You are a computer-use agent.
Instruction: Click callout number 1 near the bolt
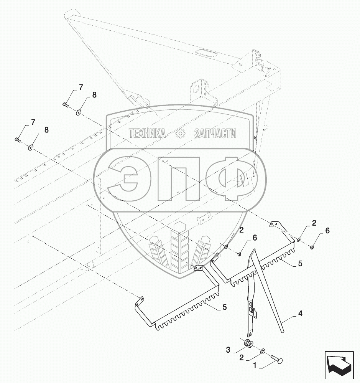click(255, 365)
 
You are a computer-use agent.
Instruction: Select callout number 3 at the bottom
click(228, 350)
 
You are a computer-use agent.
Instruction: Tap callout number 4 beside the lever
click(300, 314)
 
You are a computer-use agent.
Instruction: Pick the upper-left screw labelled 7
click(66, 105)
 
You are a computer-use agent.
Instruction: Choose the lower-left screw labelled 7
click(18, 139)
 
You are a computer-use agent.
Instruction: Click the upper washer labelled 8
click(79, 112)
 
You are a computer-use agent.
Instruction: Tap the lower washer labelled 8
click(31, 147)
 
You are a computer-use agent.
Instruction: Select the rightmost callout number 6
click(327, 231)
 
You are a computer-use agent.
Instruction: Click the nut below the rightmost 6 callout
click(312, 248)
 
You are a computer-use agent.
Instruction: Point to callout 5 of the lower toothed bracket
click(225, 307)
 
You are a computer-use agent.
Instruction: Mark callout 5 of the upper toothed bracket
click(300, 264)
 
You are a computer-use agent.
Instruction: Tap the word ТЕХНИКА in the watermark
click(147, 134)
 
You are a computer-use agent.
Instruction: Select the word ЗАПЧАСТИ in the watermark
click(215, 134)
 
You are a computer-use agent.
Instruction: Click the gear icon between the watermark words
click(180, 134)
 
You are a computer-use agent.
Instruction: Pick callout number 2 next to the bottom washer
click(242, 358)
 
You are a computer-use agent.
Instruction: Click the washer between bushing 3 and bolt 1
click(262, 352)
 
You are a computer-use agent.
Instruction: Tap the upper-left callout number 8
click(94, 95)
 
